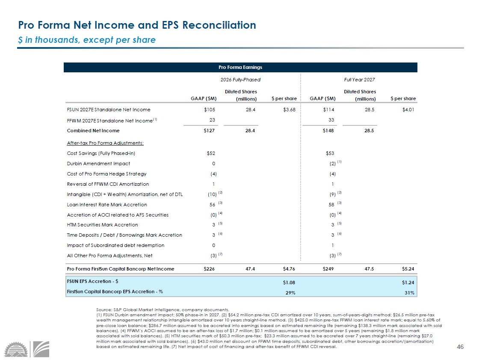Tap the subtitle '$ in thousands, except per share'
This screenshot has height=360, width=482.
point(86,40)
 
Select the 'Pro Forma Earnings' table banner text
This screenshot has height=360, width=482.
point(240,67)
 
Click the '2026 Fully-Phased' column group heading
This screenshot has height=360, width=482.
point(240,80)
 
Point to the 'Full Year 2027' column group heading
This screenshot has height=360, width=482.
point(360,80)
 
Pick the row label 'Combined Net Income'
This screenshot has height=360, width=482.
point(93,131)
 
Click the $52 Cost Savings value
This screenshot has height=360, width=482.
point(211,153)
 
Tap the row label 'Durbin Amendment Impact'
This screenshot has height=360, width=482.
point(98,164)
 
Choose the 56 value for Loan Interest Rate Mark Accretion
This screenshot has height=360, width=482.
point(211,205)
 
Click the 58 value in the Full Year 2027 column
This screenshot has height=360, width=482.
point(331,205)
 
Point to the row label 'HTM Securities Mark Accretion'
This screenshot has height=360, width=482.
point(102,225)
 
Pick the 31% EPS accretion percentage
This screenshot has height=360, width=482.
point(410,293)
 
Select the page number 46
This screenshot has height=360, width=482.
point(460,347)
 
